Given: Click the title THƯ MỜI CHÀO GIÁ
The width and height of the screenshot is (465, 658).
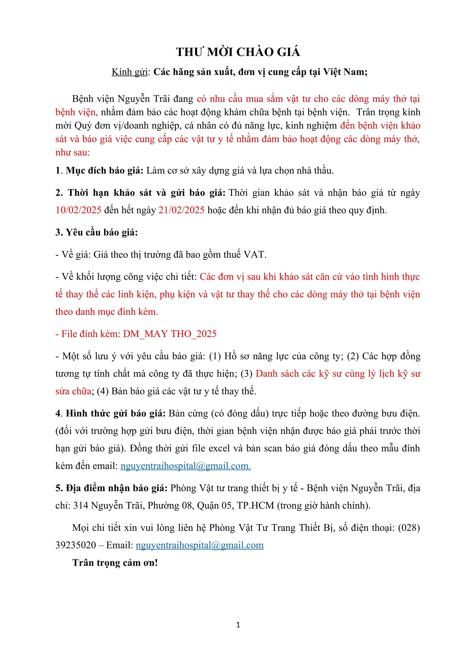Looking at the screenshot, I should coord(238,52).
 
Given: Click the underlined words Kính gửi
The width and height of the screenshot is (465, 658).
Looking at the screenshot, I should coord(129,72).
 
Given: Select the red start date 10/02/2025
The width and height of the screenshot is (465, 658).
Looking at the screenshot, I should coord(78,210).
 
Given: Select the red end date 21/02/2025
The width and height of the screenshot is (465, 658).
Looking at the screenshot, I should coord(182,210).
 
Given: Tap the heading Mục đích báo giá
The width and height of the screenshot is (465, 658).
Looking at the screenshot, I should coord(105,170).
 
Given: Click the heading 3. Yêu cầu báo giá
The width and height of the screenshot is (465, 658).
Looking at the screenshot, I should coord(96,232).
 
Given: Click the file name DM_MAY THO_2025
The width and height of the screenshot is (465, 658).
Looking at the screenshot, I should coord(170,334).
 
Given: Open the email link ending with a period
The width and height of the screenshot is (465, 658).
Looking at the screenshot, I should coord(186,466).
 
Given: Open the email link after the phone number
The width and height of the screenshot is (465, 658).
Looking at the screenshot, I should coord(200,545).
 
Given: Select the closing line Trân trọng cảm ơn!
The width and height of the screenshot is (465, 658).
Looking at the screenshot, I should coord(115,563).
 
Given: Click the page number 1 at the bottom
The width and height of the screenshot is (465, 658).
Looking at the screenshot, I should coord(238,625).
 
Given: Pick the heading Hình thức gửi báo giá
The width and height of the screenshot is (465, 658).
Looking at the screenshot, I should coord(116,413).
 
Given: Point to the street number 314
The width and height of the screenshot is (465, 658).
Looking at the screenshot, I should coord(81,506).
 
